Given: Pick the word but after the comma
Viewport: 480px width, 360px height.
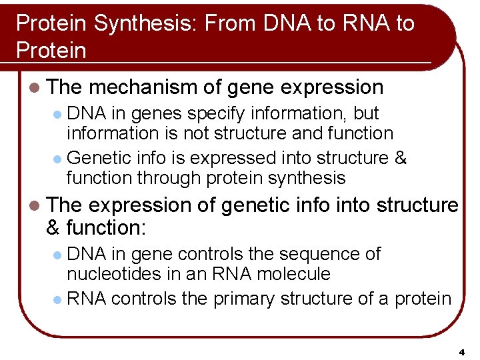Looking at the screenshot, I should (366, 114).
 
